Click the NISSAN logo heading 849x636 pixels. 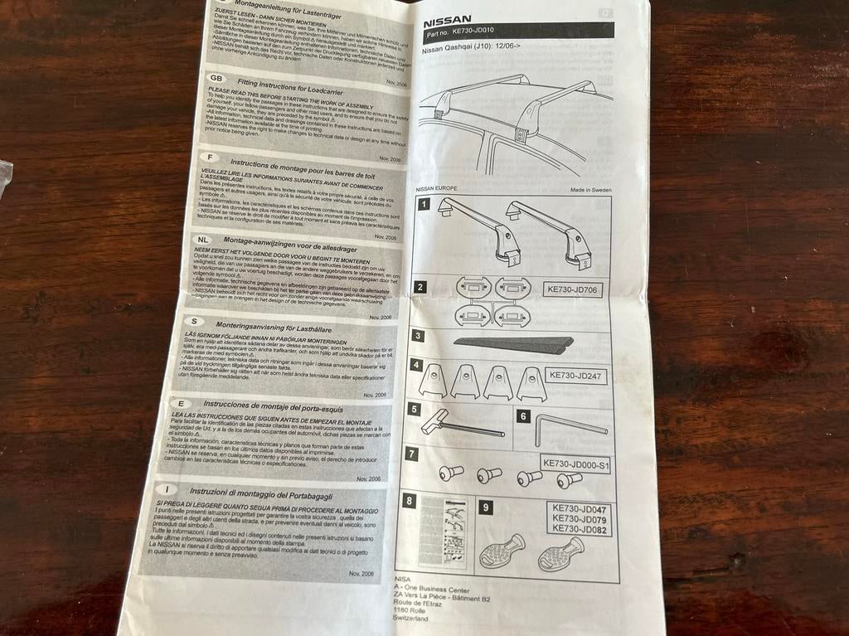[x=448, y=19]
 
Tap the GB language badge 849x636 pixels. [x=217, y=77]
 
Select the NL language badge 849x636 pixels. [x=205, y=240]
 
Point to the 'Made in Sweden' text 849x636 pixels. [x=590, y=190]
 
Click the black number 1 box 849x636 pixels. [x=424, y=204]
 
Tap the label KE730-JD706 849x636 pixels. [x=572, y=290]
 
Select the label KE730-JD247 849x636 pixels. [x=577, y=375]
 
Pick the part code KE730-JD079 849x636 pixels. [x=580, y=519]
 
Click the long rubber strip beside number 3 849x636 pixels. [x=513, y=343]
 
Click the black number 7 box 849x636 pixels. [x=412, y=454]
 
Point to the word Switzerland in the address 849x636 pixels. [x=412, y=619]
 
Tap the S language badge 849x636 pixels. [x=193, y=322]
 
